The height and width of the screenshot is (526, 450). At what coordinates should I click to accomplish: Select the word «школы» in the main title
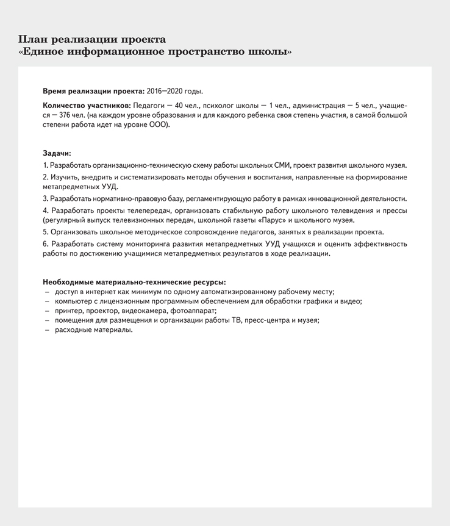[268, 52]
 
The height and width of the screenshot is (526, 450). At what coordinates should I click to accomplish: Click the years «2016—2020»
[164, 91]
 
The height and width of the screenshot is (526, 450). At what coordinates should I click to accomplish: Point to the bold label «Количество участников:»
[86, 106]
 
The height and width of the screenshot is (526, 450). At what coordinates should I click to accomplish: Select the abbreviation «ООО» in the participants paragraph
[158, 124]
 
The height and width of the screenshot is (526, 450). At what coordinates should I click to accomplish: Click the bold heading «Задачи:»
[57, 153]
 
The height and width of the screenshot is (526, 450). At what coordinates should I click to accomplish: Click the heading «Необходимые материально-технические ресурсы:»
[134, 282]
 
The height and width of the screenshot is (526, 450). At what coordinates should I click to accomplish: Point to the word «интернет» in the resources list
[95, 292]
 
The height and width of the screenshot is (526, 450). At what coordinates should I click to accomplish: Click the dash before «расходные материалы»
[46, 330]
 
